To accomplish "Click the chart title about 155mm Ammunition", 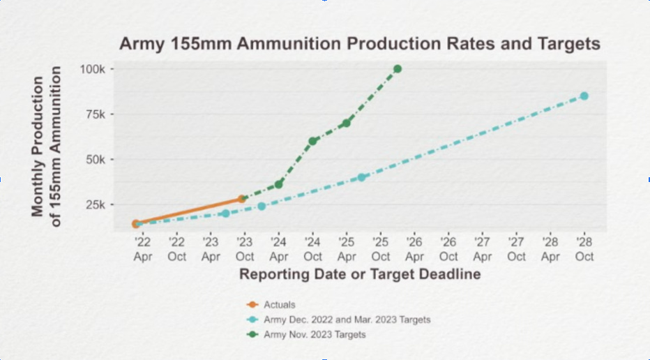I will tap(359, 43).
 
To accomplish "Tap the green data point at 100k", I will tap(398, 69).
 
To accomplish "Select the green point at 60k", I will tap(313, 141).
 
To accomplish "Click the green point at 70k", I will tap(346, 123).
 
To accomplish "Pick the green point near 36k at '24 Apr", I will tap(279, 184).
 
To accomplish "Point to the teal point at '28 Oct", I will tap(584, 96).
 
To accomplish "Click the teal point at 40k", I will tap(362, 177).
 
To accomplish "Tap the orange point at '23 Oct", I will tap(242, 199).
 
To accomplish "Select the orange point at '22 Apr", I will tap(137, 224).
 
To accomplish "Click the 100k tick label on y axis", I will tap(92, 69).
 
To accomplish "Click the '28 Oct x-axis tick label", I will tap(584, 249).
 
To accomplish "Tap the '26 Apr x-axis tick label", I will tap(414, 249).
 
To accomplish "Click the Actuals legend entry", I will tap(279, 304).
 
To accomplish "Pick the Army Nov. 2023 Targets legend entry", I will tap(314, 335).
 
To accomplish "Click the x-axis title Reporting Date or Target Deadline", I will tap(360, 274).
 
